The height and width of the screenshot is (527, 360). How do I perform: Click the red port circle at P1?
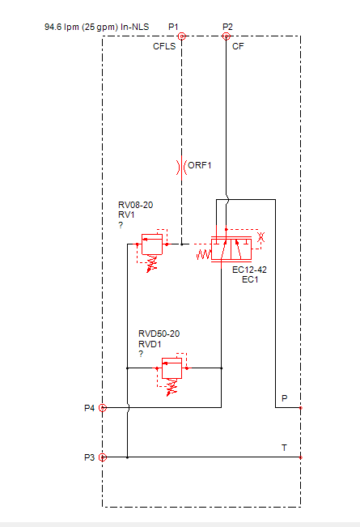(x=182, y=36)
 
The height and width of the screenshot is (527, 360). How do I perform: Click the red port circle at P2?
(x=227, y=36)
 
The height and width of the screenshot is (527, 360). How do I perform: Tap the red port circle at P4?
(x=103, y=408)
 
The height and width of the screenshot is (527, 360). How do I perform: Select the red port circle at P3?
(x=103, y=457)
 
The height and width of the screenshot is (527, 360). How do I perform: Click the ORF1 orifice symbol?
(x=182, y=167)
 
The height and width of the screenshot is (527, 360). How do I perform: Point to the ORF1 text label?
(x=200, y=165)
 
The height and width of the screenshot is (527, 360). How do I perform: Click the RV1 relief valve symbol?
(x=152, y=250)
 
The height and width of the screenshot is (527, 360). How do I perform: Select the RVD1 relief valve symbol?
(x=172, y=374)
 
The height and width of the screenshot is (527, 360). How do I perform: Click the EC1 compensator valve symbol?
(x=231, y=249)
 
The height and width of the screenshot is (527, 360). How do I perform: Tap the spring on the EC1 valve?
(x=204, y=254)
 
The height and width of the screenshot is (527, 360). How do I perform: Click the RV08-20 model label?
(x=135, y=205)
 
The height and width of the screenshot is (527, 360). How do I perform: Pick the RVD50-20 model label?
(x=159, y=334)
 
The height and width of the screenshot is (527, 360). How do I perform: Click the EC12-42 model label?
(x=249, y=270)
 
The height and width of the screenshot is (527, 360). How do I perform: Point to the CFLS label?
(x=164, y=46)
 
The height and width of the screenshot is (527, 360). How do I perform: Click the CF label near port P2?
(x=238, y=46)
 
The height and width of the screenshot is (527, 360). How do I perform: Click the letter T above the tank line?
(x=284, y=448)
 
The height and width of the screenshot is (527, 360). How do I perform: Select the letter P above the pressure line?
(x=285, y=398)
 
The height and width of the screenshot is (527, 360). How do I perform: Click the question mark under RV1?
(x=121, y=225)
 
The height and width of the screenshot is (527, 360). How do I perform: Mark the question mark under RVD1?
(x=141, y=354)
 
